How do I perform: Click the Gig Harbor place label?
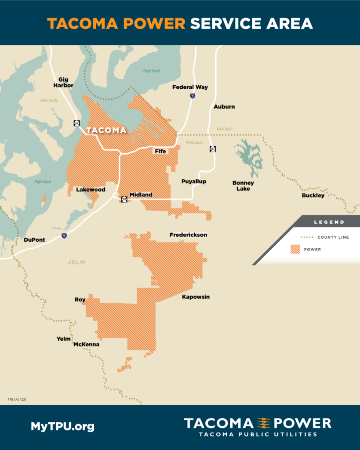click(x=64, y=82)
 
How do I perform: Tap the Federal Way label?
click(x=190, y=87)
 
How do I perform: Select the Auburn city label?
click(x=224, y=107)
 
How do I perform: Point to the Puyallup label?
click(x=194, y=181)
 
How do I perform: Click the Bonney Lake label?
click(x=243, y=185)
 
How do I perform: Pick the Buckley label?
click(x=313, y=195)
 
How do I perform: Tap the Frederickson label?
click(x=188, y=235)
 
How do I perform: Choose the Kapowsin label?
click(x=196, y=297)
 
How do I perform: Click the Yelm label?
click(x=64, y=339)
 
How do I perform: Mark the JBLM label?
click(x=76, y=262)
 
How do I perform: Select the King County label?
click(x=224, y=129)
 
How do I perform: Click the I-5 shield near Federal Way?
click(x=193, y=95)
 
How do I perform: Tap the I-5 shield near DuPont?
click(x=64, y=236)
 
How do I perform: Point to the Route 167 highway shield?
click(x=213, y=149)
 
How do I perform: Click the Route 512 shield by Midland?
click(x=124, y=200)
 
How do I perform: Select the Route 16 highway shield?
click(x=76, y=123)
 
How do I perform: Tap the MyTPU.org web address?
click(x=62, y=426)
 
